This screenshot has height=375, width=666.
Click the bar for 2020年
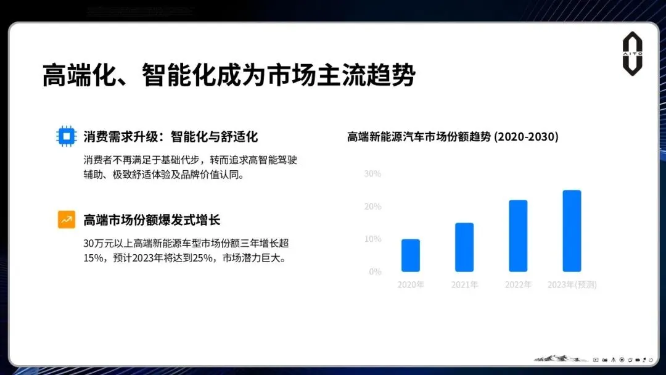coord(410,255)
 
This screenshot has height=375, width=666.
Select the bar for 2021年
coord(464,247)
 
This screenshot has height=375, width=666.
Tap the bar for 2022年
coord(518,236)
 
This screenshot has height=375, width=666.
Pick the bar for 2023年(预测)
coord(572,231)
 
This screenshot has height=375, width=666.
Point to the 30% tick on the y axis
coord(372,174)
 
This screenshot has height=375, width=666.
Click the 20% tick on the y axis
coord(372,207)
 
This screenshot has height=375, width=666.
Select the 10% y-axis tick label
coord(372,239)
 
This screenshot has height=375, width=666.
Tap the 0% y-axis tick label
coord(375,271)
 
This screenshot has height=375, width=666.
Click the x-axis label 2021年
coord(464,285)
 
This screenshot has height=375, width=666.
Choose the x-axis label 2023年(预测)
coord(572,285)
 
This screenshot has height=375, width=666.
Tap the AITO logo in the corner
coord(632,54)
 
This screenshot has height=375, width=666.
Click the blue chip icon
coord(67,136)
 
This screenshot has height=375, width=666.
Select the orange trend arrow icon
coord(67,220)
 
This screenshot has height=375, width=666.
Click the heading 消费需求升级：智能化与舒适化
coord(170,136)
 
